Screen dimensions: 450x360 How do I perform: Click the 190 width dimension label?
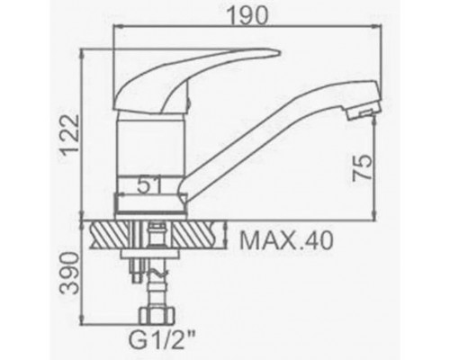click(x=247, y=15)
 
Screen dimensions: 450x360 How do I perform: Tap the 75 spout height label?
click(x=362, y=168)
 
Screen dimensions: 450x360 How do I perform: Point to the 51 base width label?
click(x=149, y=185)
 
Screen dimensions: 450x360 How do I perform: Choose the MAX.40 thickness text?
click(x=286, y=240)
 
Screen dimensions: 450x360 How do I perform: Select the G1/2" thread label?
click(x=162, y=339)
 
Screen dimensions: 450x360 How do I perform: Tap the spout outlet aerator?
click(x=363, y=113)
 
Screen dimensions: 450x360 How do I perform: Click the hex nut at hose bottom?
click(x=157, y=316)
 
